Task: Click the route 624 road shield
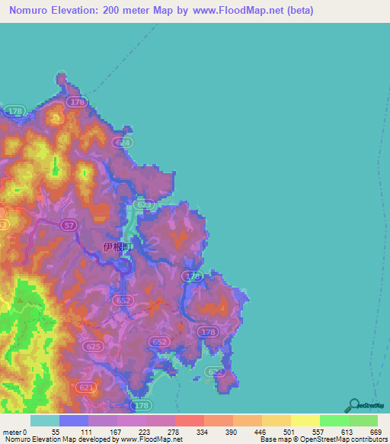click(123, 143)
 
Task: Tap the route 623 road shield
click(145, 205)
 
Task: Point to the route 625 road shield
click(93, 346)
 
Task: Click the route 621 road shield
click(88, 388)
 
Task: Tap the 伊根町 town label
click(118, 247)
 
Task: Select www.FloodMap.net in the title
click(235, 11)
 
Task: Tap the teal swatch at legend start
click(45, 420)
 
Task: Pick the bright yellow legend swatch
click(305, 420)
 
